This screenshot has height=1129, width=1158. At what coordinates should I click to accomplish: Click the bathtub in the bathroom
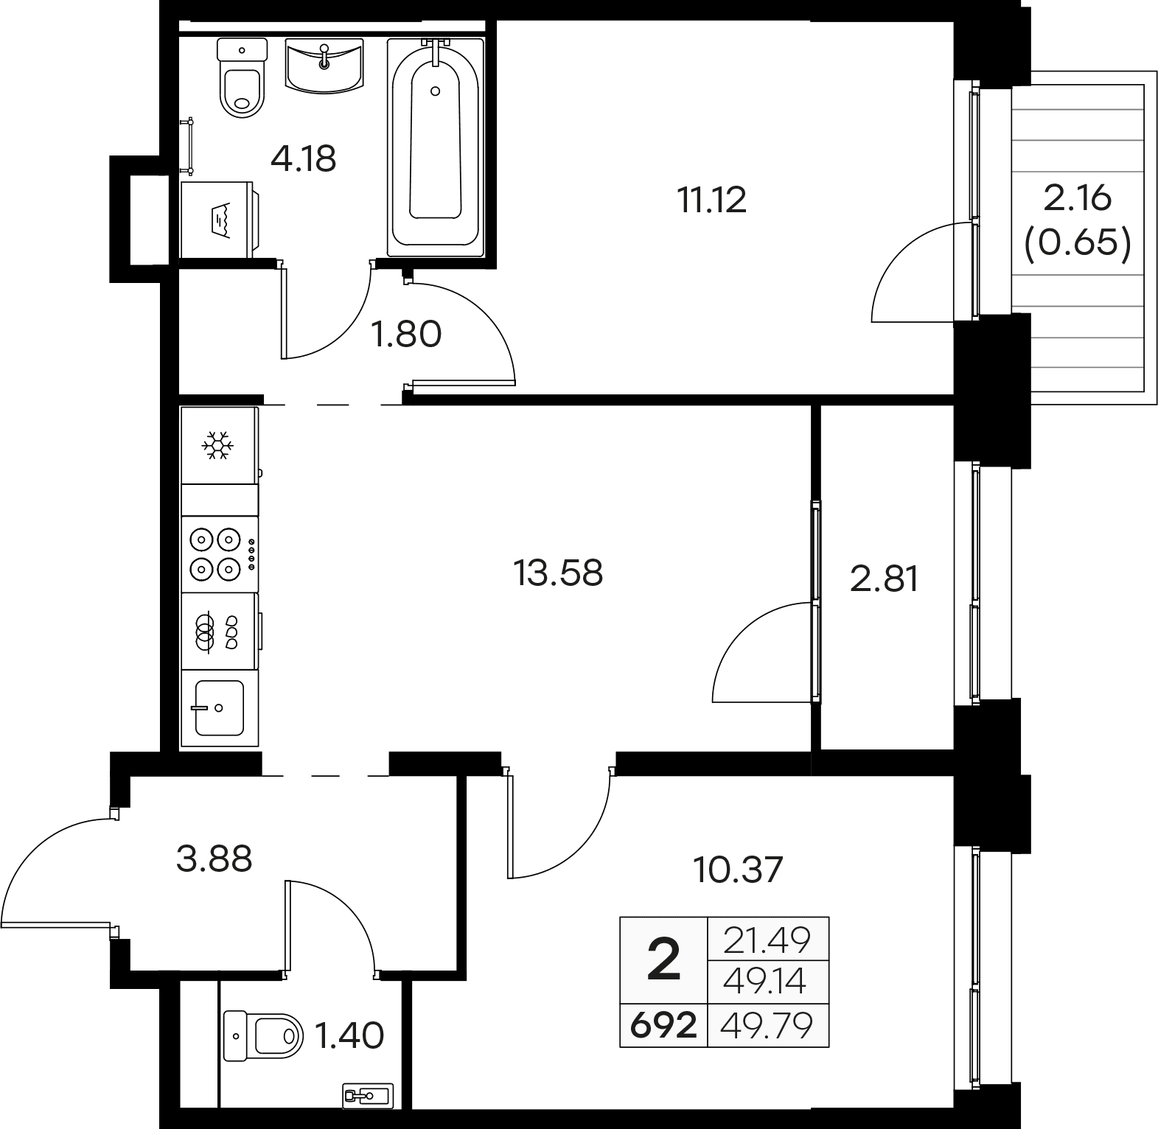tap(436, 147)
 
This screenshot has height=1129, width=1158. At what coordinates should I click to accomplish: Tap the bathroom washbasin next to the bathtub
tap(324, 66)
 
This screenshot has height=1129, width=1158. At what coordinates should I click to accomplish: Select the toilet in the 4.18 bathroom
tap(242, 80)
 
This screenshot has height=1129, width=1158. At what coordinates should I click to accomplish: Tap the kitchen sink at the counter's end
tap(219, 708)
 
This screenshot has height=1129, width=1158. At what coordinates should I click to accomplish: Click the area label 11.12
tap(712, 200)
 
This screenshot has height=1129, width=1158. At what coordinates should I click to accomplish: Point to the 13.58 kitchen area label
tap(559, 573)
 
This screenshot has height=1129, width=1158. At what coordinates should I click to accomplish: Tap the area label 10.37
tap(738, 870)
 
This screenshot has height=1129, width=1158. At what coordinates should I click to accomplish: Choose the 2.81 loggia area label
tap(885, 579)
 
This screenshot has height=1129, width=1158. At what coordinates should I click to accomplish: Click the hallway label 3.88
tap(214, 859)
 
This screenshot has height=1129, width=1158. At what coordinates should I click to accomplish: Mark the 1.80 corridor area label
tap(406, 334)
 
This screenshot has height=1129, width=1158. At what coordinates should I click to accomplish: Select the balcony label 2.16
tap(1077, 199)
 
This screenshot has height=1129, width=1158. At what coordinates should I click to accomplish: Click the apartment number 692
tap(663, 1025)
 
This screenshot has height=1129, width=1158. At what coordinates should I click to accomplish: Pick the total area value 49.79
tap(768, 1025)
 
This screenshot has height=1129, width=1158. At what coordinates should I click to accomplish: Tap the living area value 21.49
tap(767, 940)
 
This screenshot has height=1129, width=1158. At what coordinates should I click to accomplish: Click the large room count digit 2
tap(663, 960)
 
